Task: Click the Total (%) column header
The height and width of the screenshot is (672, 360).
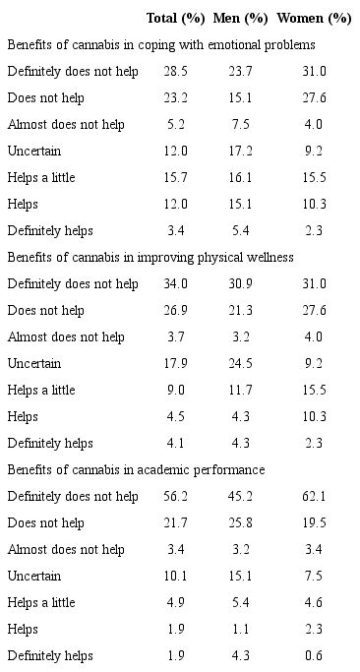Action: pyautogui.click(x=176, y=18)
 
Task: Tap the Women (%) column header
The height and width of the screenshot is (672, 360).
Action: pyautogui.click(x=314, y=18)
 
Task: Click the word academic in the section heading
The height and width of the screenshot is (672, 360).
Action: pyautogui.click(x=197, y=469)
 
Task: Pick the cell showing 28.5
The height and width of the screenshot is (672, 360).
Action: pyautogui.click(x=176, y=72)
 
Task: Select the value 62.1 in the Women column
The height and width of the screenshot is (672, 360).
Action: pyautogui.click(x=314, y=496)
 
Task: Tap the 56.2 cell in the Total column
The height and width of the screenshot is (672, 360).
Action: pyautogui.click(x=176, y=496)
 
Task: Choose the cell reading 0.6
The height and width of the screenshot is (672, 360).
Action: pyautogui.click(x=314, y=655)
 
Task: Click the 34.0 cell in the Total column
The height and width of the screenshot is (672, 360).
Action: pyautogui.click(x=176, y=284)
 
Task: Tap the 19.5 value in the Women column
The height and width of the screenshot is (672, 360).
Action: pyautogui.click(x=314, y=522)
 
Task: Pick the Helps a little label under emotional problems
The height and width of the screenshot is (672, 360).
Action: pyautogui.click(x=40, y=178)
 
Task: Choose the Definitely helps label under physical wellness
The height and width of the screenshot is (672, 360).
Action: pyautogui.click(x=50, y=443)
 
